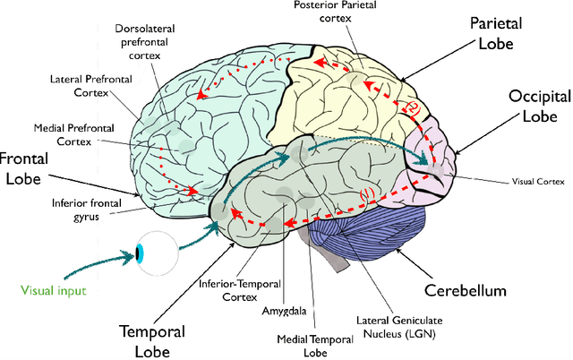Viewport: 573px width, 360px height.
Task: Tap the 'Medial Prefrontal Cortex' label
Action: (68, 133)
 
